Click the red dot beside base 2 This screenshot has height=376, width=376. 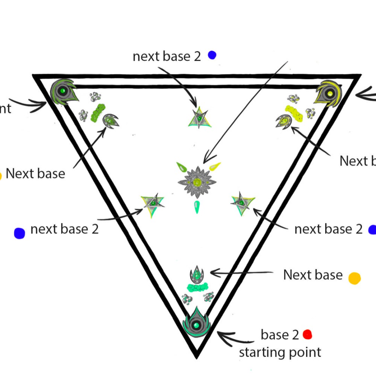(308, 334)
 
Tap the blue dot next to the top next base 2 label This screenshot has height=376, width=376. (212, 55)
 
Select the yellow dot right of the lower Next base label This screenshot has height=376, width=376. (354, 278)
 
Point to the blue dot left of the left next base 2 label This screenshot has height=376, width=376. (19, 233)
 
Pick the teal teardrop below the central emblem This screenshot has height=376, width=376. (196, 207)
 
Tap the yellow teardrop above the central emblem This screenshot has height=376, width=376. (215, 166)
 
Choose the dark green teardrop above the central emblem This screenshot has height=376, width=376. (181, 166)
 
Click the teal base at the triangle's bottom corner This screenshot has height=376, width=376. (196, 323)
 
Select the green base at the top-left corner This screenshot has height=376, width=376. (63, 91)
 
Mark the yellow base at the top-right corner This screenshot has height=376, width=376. (329, 93)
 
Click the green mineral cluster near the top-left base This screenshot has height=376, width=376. (98, 113)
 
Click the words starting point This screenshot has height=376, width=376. (280, 352)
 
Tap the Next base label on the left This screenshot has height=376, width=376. (35, 174)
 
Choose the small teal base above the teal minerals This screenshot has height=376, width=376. (196, 274)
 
